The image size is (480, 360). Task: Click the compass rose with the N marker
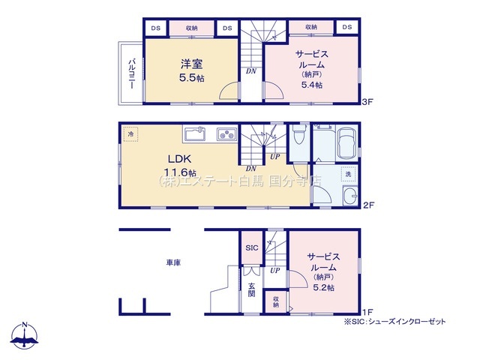point(24,335)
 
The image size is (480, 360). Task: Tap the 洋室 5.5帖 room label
point(192,70)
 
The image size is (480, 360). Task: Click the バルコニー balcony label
point(132,73)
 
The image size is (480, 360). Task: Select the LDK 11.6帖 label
point(180,165)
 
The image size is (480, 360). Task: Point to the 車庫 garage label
point(173,262)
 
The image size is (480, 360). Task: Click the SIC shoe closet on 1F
point(252,247)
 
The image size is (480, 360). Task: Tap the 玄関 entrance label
point(251,290)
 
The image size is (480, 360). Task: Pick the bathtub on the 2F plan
point(346,142)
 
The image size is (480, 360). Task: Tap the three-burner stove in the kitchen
point(226,134)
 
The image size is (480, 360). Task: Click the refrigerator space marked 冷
point(130,133)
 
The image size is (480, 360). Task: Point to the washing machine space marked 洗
point(348,174)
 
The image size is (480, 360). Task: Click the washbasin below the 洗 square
point(350,196)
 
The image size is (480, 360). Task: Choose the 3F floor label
point(367,102)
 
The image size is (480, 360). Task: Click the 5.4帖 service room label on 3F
point(312,70)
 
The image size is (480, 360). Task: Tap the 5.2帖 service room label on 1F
point(323,272)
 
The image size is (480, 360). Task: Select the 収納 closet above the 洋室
point(192,28)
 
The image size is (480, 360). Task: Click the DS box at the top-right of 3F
point(347,27)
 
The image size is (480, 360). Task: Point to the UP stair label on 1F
point(275,271)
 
